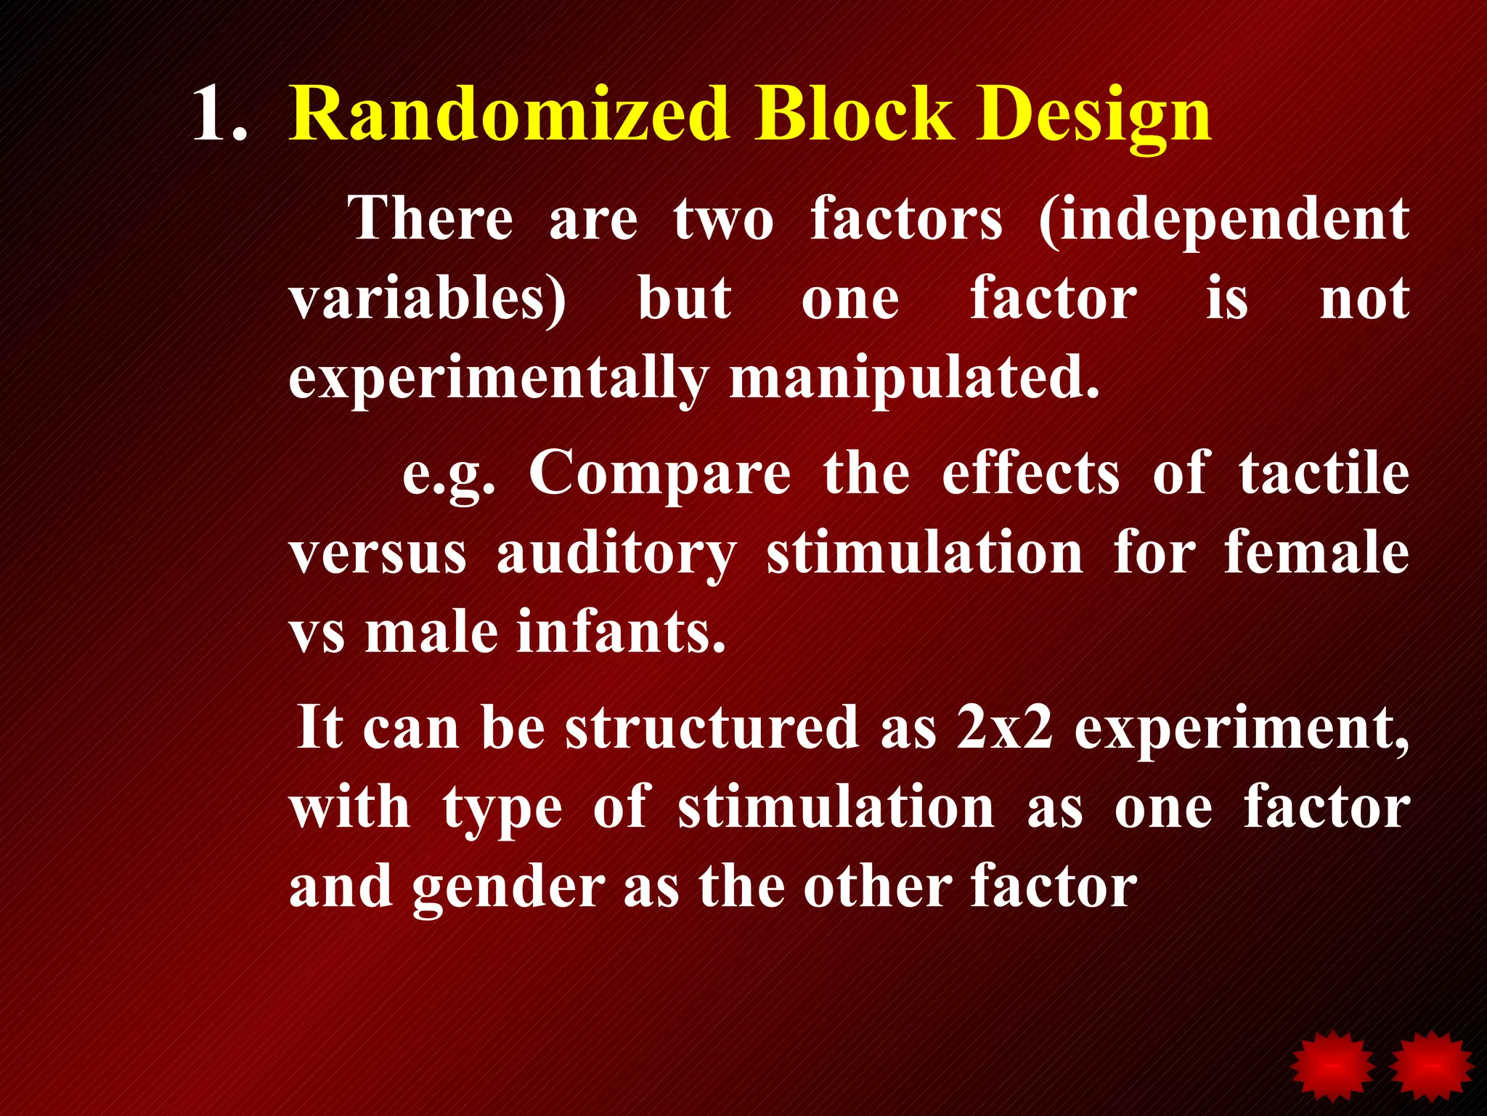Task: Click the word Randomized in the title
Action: pos(508,114)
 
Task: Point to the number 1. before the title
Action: pos(220,114)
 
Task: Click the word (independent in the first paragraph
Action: pos(1223,219)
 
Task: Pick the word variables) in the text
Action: pos(427,299)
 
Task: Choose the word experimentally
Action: pos(498,379)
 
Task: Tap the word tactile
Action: pos(1324,472)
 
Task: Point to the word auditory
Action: pos(616,554)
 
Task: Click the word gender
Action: pos(508,889)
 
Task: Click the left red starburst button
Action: pos(1332,1065)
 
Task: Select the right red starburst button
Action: pos(1431,1065)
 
